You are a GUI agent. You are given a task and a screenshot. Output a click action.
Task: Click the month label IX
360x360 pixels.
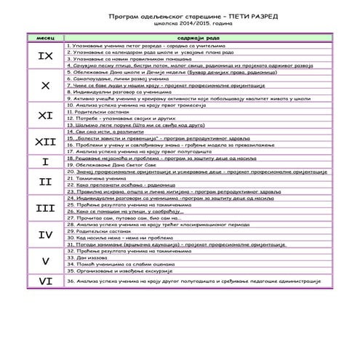point(45,55)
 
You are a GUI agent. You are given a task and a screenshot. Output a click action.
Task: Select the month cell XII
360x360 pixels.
point(45,142)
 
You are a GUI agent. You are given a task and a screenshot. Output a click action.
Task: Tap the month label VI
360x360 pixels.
point(45,279)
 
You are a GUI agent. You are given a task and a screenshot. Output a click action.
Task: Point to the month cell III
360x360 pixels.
point(45,209)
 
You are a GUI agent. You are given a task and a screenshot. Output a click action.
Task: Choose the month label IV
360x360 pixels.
point(45,235)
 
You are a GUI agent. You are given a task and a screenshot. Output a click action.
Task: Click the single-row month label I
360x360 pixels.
point(45,161)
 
